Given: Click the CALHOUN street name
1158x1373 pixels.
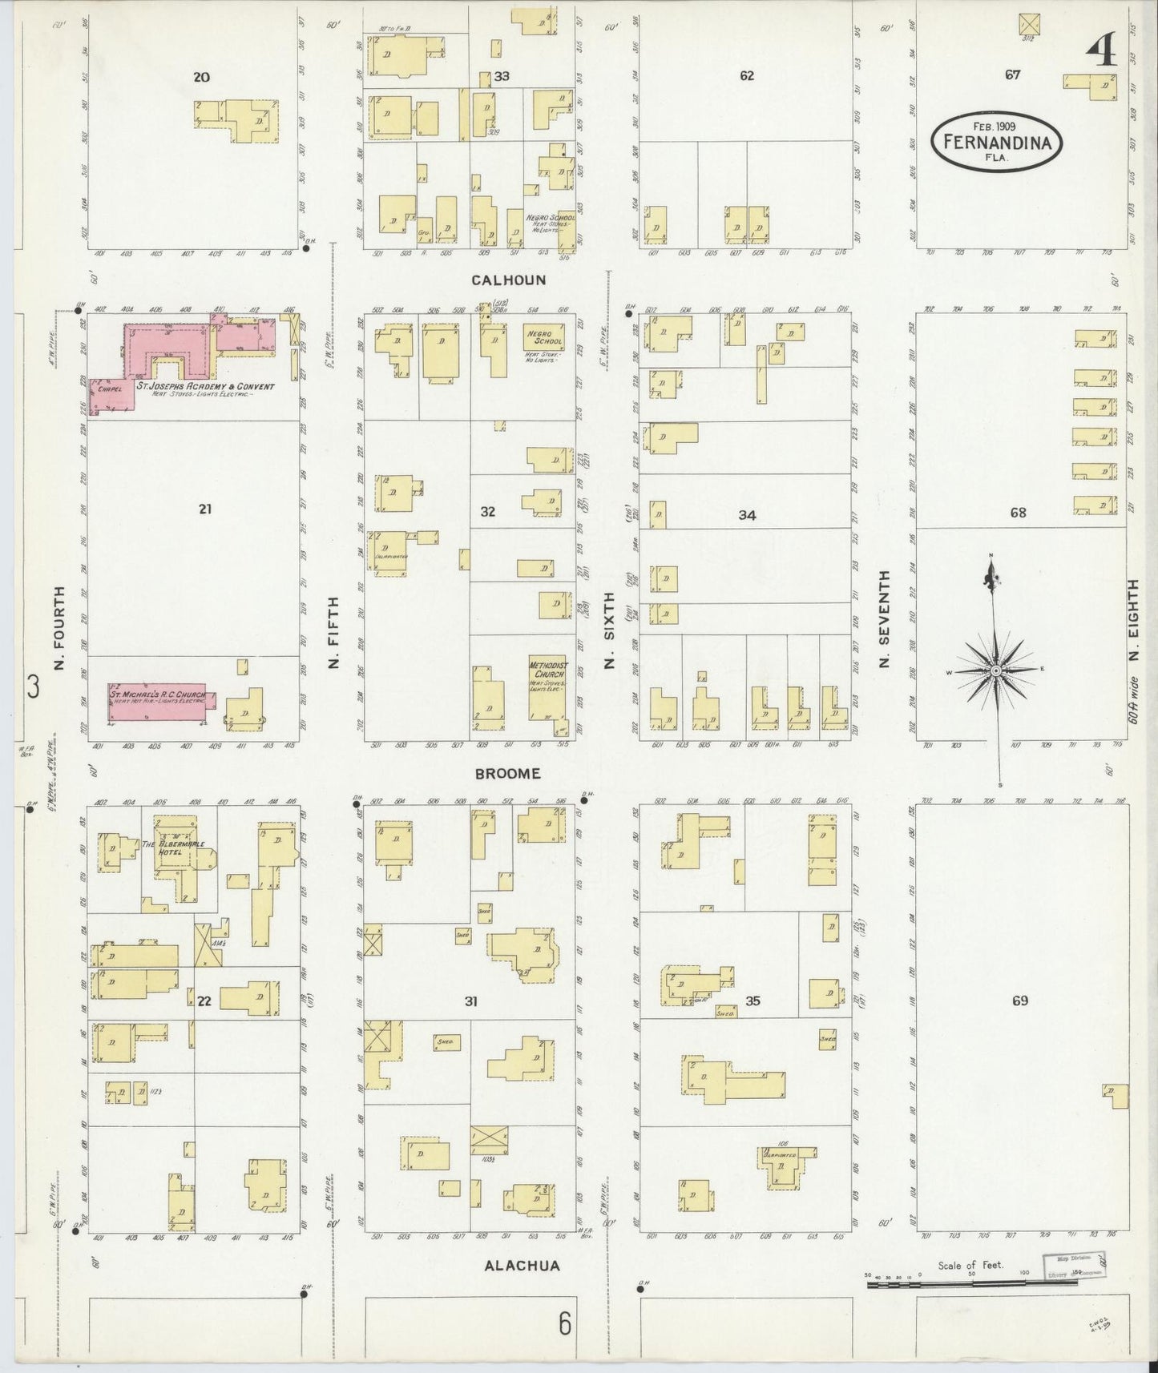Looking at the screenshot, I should pos(508,280).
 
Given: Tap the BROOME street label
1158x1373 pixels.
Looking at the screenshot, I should pos(507,774).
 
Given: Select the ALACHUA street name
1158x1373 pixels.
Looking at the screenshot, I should pos(522,1266).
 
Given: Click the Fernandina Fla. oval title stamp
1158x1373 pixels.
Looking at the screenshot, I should pos(996,141).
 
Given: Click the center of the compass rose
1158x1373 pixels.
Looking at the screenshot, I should pos(995,670).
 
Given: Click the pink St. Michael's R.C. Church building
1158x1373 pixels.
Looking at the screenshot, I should pos(158,701).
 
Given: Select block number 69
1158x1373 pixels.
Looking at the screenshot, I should pos(1019,1001).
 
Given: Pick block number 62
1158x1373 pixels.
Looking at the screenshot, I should pos(747,76).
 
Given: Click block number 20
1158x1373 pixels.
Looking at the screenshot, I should pos(201,77).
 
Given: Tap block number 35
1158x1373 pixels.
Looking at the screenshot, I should pos(752,1001).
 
